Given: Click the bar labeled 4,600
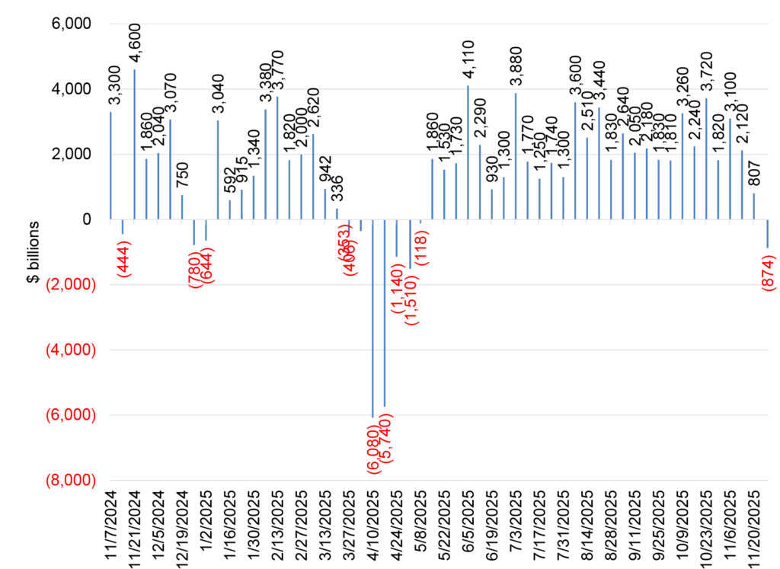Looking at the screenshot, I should [135, 145].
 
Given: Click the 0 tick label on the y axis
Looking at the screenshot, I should [86, 219].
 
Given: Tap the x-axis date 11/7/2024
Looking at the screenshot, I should [111, 526].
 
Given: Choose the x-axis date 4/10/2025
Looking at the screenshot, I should [373, 526].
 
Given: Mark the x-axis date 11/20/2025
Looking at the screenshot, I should [754, 526].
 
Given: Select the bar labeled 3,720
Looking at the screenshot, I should [706, 158].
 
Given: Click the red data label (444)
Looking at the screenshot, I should [123, 258].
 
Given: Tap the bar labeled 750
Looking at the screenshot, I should [182, 207].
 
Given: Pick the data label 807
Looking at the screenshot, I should [753, 174].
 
